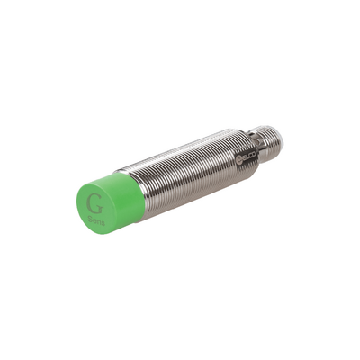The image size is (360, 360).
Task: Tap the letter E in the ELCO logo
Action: point(244,156)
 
